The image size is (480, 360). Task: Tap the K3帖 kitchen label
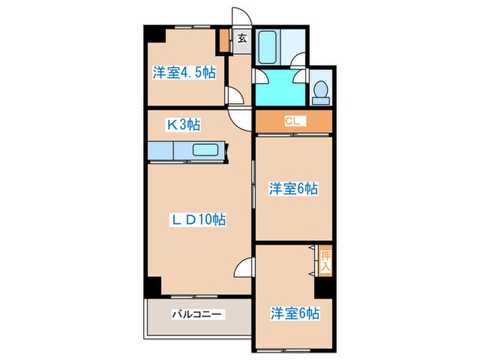click(184, 125)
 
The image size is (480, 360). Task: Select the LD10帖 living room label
click(198, 219)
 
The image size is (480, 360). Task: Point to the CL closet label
click(292, 121)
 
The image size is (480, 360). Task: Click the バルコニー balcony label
click(196, 314)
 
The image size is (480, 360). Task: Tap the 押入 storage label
click(326, 261)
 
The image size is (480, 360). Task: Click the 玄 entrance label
click(242, 39)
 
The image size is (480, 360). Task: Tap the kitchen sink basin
click(205, 150)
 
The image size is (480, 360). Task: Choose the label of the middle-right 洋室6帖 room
click(293, 188)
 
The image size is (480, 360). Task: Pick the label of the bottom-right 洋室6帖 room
click(293, 313)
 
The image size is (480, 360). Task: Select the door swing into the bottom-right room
click(245, 267)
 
